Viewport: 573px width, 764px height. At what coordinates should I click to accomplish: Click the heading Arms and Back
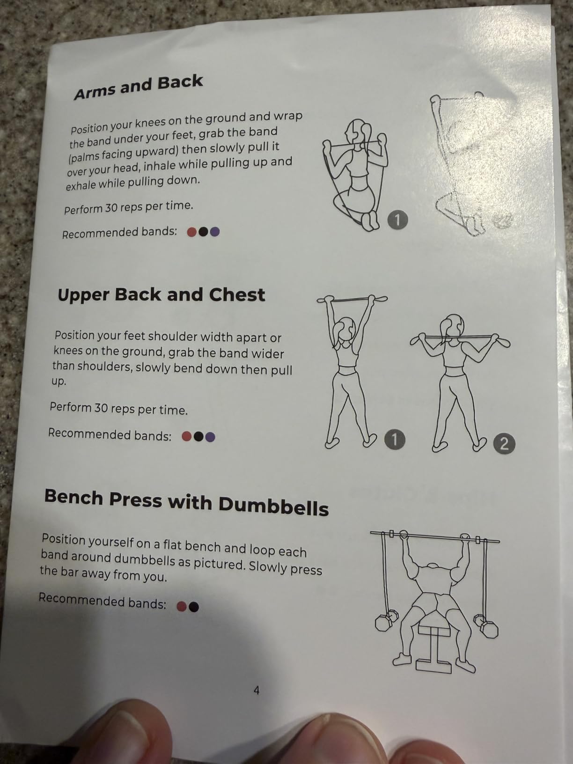(138, 87)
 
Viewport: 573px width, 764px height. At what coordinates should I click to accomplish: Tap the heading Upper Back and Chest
(162, 295)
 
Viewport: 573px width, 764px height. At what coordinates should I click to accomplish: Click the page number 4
(257, 690)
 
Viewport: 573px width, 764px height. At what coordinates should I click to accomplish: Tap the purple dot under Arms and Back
(215, 231)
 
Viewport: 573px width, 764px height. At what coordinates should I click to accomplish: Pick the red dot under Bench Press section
(182, 607)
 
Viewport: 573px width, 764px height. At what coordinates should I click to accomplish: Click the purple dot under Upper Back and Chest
(210, 437)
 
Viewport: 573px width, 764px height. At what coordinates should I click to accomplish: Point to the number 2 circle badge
(504, 444)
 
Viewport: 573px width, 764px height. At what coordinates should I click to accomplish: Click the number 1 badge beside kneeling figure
(397, 220)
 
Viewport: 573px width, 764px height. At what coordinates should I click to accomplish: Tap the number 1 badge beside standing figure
(395, 440)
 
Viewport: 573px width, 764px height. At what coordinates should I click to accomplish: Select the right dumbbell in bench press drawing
(486, 626)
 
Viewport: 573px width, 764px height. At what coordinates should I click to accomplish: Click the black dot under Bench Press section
(193, 607)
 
